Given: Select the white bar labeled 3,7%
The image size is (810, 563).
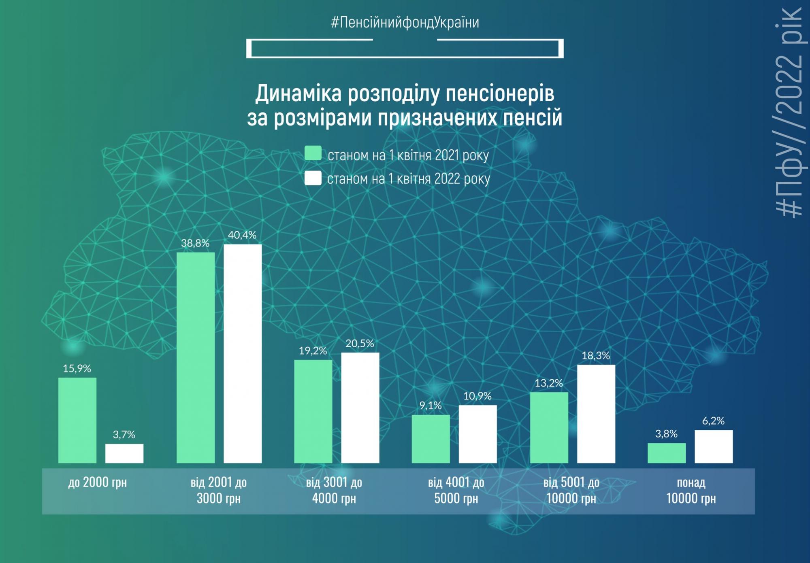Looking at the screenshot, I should click(124, 453).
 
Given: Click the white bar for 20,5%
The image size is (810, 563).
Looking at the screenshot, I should click(360, 408).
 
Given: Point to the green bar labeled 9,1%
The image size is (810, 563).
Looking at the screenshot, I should click(431, 439).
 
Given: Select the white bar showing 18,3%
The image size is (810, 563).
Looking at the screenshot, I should click(596, 414).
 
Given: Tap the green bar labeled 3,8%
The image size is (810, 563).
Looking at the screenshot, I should click(667, 453).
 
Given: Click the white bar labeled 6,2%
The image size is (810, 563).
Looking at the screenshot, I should click(714, 446).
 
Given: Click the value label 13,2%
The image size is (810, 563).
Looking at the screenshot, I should click(549, 383).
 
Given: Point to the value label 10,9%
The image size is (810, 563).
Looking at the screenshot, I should click(477, 396).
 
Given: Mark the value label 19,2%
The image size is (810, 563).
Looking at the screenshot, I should click(313, 351).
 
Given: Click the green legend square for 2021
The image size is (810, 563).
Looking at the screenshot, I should click(313, 153).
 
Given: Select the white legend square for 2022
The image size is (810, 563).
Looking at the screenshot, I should click(313, 178).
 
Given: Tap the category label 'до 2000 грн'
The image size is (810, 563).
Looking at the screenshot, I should click(97, 482).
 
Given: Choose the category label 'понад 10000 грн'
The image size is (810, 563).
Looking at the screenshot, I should click(691, 490).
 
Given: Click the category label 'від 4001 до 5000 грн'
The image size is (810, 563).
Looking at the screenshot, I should click(456, 490).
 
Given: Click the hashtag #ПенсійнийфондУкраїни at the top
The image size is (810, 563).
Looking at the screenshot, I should click(405, 22).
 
